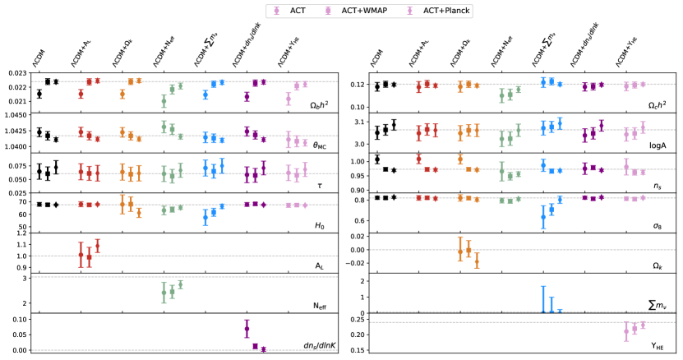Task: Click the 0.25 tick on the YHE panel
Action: point(358,319)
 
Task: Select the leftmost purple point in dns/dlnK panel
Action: point(247,329)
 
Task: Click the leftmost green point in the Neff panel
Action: point(164,292)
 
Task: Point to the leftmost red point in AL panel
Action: point(81,255)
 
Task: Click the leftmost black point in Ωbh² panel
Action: point(39,94)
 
